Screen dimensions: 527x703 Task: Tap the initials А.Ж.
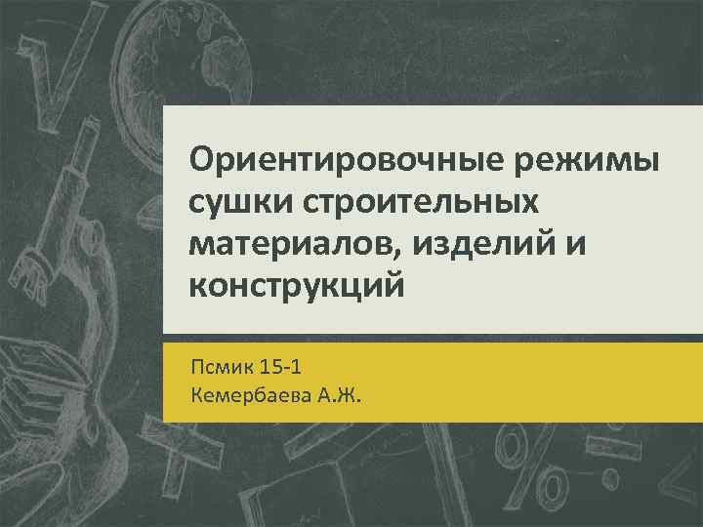(337, 396)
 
